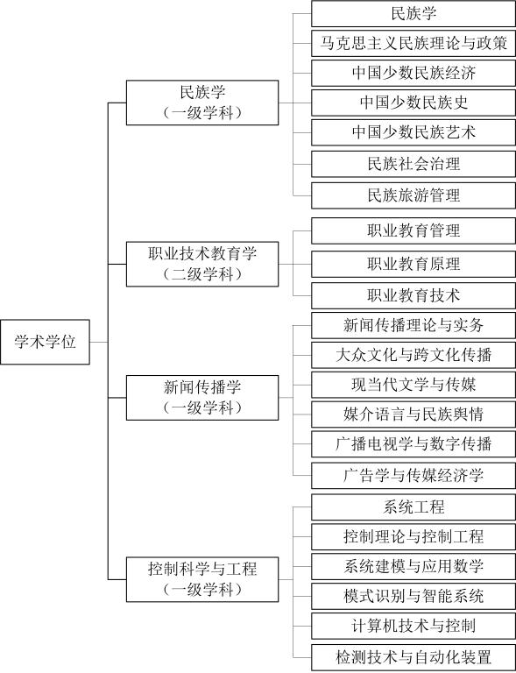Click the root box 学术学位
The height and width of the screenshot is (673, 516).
coord(45,342)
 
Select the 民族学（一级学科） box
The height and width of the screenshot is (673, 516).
coord(202,103)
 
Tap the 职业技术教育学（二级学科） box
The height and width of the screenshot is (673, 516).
coord(202,264)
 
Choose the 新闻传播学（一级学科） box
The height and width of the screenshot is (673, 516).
coord(202,398)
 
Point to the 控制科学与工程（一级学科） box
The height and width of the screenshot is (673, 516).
coord(202,579)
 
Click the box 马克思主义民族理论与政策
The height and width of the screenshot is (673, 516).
coord(414,43)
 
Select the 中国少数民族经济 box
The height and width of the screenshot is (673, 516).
coord(414,73)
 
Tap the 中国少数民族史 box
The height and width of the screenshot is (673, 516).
coord(414,103)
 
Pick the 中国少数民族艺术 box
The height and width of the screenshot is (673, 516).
coord(414,132)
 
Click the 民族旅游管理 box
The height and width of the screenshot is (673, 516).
coord(414,195)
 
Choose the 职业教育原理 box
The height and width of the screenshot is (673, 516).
coord(414,264)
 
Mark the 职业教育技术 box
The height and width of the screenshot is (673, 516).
coord(414,295)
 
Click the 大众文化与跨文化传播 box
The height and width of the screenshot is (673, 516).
coord(414,355)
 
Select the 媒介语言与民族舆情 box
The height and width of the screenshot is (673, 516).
coord(414,414)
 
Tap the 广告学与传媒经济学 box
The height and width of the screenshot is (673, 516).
coord(414,476)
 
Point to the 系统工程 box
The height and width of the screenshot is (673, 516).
coord(414,507)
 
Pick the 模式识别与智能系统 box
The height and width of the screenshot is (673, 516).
coord(414,596)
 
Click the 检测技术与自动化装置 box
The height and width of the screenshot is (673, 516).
coord(414,657)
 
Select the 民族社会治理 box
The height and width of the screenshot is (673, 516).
coord(414,164)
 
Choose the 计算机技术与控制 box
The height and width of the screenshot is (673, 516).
coord(414,626)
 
